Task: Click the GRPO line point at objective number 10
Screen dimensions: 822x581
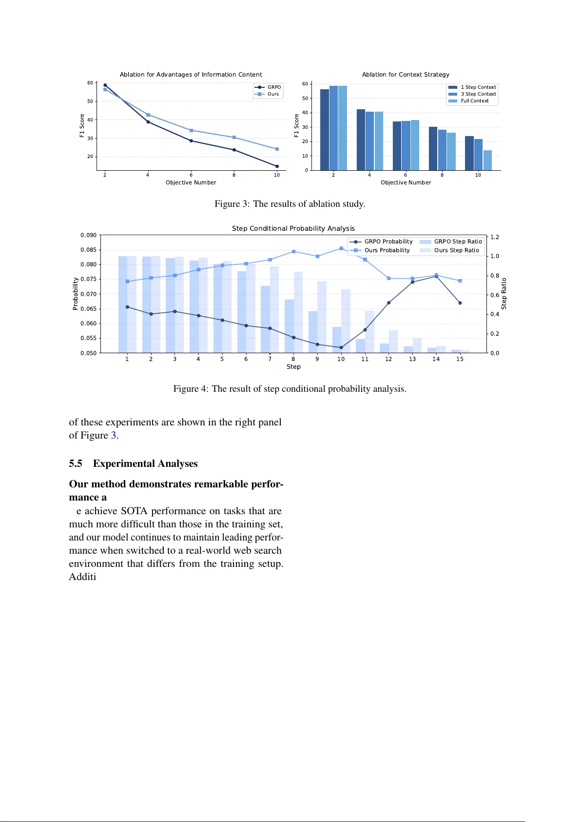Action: tap(277, 166)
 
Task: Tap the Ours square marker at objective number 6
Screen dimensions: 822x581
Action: tap(191, 131)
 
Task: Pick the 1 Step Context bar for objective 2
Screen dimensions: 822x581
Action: tap(324, 130)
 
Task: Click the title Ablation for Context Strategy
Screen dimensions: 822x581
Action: tap(406, 75)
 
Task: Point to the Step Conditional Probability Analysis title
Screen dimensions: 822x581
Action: tap(293, 228)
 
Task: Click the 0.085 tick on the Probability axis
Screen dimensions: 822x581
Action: tap(88, 250)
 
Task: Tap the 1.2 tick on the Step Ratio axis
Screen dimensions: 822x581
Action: tap(495, 237)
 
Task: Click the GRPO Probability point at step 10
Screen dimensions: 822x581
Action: tap(341, 348)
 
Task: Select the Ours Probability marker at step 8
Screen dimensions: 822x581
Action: tap(293, 252)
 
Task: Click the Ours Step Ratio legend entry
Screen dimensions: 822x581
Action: tap(456, 250)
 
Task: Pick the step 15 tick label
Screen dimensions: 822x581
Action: tap(460, 359)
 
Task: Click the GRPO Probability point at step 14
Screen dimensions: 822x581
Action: tap(436, 277)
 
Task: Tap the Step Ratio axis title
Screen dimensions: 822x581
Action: tap(504, 294)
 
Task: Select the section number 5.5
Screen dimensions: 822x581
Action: tap(76, 463)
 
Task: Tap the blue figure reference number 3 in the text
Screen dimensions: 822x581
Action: tap(114, 435)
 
